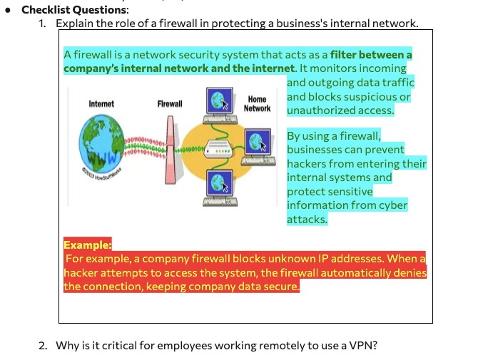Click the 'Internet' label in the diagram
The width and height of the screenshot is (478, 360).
101,104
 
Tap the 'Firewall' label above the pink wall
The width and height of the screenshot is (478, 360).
170,104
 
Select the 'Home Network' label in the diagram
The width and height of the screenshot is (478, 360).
257,104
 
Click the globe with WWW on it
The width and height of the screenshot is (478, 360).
101,143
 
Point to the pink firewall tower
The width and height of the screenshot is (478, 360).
171,150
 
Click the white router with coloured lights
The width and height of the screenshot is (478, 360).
218,149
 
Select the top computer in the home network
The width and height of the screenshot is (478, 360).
220,106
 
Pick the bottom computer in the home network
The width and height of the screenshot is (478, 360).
220,188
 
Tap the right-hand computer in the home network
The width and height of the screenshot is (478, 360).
258,147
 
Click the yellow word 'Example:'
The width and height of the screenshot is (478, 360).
88,245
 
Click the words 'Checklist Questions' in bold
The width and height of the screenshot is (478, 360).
74,10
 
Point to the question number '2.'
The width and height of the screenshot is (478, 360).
43,345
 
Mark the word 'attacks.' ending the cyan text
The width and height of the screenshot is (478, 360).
307,220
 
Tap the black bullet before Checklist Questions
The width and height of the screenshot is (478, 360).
8,10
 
